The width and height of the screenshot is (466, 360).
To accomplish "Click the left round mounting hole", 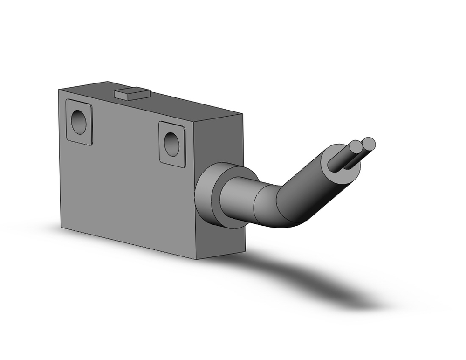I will pyautogui.click(x=79, y=122).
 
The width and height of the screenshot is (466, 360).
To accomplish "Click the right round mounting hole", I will pyautogui.click(x=171, y=144).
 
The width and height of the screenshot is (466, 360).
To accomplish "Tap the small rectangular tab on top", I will pyautogui.click(x=131, y=93).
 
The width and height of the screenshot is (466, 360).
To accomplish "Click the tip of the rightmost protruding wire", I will pyautogui.click(x=369, y=143).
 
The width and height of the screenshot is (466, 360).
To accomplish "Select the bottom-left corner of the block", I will pyautogui.click(x=61, y=227).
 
